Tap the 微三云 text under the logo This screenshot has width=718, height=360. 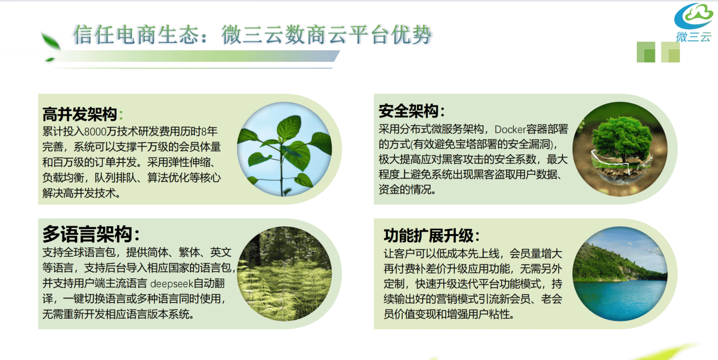tap(694, 37)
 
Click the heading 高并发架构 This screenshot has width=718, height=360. tap(79, 115)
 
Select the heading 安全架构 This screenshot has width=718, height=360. tap(408, 111)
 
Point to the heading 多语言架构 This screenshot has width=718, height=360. tap(87, 234)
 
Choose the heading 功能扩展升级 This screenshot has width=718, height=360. tap(429, 236)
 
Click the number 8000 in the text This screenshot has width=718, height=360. tap(95, 132)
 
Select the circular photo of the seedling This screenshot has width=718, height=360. tap(285, 149)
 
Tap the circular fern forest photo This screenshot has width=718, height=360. tap(285, 274)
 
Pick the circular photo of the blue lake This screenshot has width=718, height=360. tap(620, 274)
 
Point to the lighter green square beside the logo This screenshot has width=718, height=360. tap(670, 52)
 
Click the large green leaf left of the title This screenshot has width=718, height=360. tap(50, 41)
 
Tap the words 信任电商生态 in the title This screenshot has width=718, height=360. tap(136, 35)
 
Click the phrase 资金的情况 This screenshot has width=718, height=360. tap(404, 189)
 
